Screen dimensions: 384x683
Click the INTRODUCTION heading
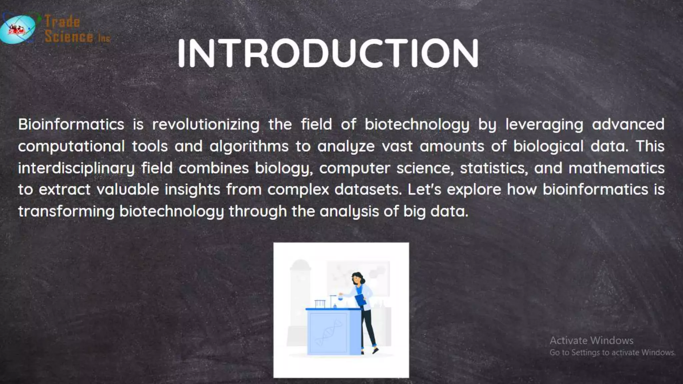coord(328,53)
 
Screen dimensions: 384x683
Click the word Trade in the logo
coord(62,22)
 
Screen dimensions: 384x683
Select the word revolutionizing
coord(206,125)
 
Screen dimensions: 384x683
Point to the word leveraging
coord(544,125)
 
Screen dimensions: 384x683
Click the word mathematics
coord(616,168)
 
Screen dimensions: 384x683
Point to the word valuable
coord(128,190)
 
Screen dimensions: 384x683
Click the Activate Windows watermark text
coord(591,341)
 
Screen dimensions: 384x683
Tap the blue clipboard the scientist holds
coord(360,300)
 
